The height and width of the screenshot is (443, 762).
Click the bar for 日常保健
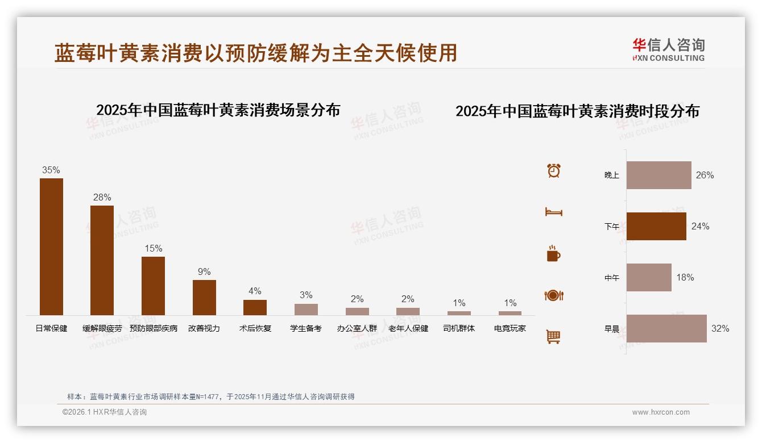click(x=51, y=246)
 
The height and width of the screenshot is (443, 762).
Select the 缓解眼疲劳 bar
click(x=102, y=260)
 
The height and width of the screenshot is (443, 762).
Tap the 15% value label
click(x=153, y=248)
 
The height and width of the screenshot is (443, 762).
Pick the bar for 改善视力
click(x=204, y=297)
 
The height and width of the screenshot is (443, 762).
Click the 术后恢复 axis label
click(x=255, y=328)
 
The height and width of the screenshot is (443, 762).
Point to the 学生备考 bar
click(x=306, y=309)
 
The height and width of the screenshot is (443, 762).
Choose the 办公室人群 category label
click(x=357, y=328)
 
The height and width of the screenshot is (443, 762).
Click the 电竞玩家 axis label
click(x=510, y=328)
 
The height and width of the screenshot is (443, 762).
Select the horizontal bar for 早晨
click(x=666, y=328)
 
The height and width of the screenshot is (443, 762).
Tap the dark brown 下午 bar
click(x=656, y=226)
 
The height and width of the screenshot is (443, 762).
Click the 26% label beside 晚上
click(x=705, y=175)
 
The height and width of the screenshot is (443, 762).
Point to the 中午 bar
click(x=649, y=277)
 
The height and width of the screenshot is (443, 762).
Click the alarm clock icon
click(x=554, y=170)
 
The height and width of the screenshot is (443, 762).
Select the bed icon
click(x=554, y=212)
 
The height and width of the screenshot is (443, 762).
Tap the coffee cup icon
click(x=553, y=254)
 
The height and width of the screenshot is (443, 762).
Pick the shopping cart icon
click(x=553, y=336)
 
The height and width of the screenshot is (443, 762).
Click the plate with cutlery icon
click(x=554, y=295)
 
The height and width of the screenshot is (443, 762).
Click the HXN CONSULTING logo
click(x=668, y=49)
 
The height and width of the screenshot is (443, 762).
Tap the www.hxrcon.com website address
click(x=661, y=412)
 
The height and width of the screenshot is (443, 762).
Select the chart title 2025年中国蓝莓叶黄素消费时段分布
click(x=577, y=111)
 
